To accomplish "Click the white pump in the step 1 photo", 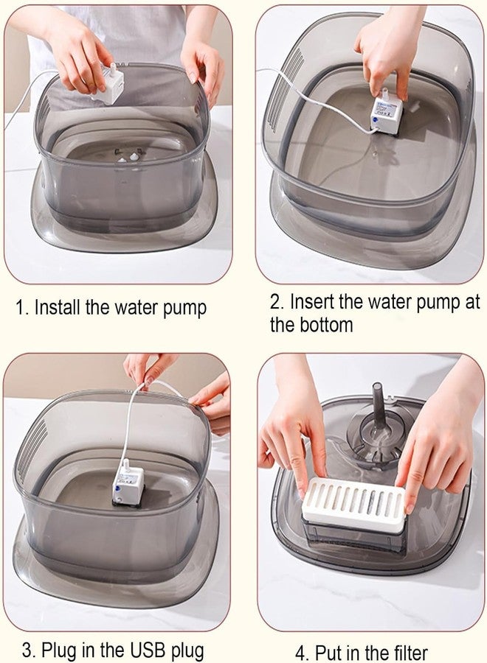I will pyautogui.click(x=109, y=83).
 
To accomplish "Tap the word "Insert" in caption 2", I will pyautogui.click(x=311, y=302).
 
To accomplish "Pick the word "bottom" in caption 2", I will pyautogui.click(x=322, y=325).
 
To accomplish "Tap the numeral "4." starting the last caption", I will pyautogui.click(x=302, y=653).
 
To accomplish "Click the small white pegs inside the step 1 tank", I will pyautogui.click(x=127, y=156).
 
